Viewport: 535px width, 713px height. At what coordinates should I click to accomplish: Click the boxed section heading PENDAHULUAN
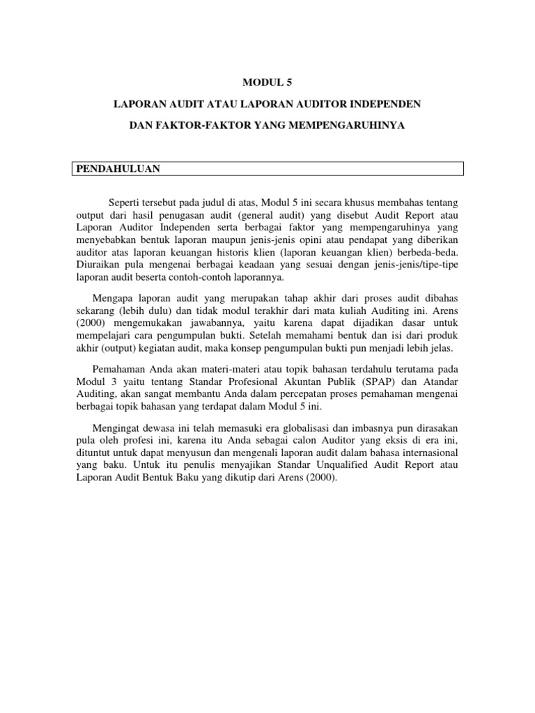118,169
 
